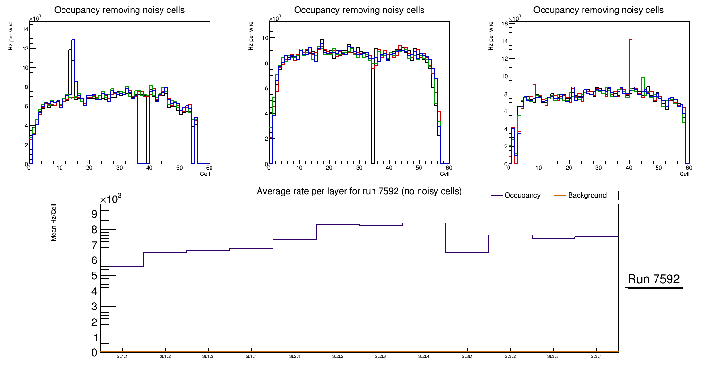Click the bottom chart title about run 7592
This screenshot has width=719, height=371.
tap(359, 191)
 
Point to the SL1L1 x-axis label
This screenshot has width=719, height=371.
tap(122, 356)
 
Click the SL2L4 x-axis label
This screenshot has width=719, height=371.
tap(423, 356)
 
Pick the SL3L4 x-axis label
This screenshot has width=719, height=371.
tap(596, 356)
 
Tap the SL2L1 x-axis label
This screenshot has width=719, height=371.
tap(295, 356)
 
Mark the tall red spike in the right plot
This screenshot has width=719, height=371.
tap(630, 41)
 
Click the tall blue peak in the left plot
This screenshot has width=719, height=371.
tap(73, 41)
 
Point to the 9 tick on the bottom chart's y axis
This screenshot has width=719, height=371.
tap(94, 214)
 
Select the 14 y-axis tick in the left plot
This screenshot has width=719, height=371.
tap(25, 29)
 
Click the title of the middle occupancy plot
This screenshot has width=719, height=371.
tap(359, 10)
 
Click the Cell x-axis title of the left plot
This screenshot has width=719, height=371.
tap(205, 174)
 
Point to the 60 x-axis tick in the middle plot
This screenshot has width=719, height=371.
tap(448, 168)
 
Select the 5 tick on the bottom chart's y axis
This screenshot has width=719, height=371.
tap(94, 276)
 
